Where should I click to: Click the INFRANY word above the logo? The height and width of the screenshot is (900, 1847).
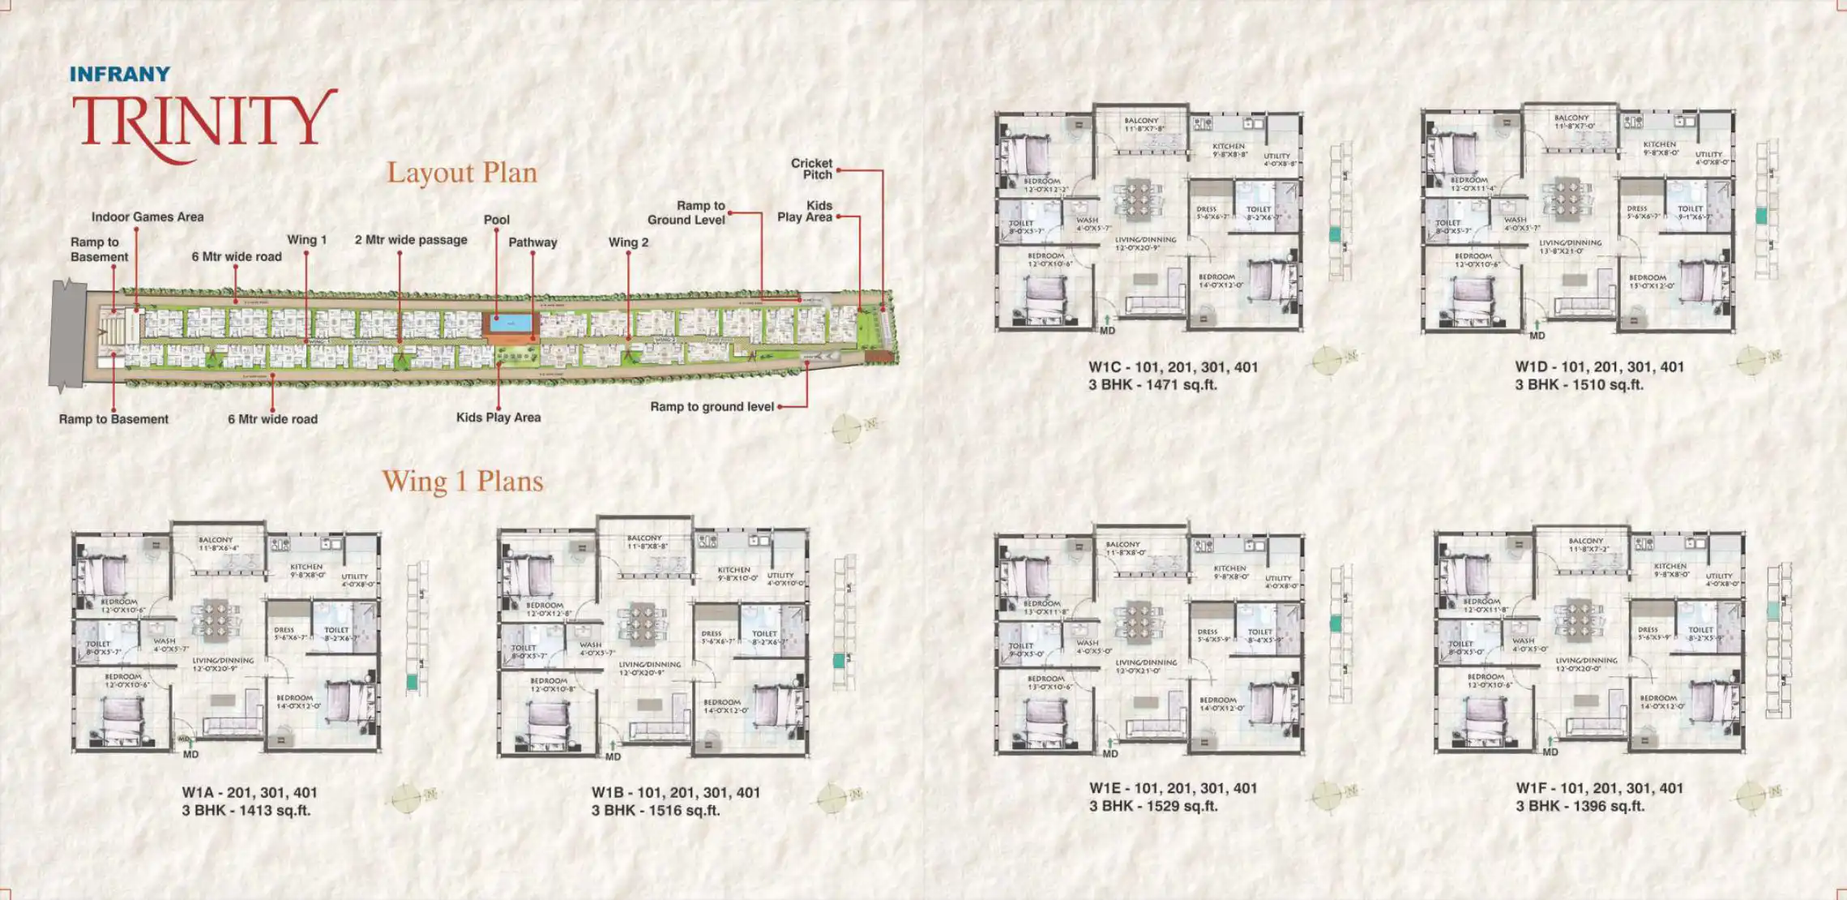(x=120, y=74)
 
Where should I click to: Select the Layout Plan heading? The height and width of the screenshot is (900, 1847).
(x=461, y=173)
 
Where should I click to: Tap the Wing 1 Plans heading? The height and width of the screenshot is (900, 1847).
(x=462, y=482)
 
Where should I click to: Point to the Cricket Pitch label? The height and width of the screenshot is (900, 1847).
(x=812, y=169)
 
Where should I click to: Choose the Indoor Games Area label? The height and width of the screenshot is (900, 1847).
(x=148, y=217)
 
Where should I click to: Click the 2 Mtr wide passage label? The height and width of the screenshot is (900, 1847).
(x=411, y=240)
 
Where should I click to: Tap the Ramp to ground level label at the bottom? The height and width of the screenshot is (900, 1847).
(x=712, y=407)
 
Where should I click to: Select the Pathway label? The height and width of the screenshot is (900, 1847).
(x=532, y=242)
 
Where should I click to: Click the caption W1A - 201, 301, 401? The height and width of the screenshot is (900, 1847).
(x=250, y=793)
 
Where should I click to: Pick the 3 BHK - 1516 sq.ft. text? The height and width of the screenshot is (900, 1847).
(x=656, y=811)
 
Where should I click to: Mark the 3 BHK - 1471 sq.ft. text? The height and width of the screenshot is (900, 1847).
(x=1152, y=385)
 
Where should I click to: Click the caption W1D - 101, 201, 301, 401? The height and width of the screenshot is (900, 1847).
(x=1600, y=367)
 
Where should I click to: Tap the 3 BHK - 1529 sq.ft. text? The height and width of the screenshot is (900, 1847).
(x=1153, y=807)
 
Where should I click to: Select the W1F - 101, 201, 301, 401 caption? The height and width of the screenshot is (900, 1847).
(x=1600, y=788)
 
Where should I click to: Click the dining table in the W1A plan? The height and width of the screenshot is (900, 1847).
(x=216, y=619)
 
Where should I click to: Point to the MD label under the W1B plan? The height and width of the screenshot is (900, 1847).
(x=614, y=757)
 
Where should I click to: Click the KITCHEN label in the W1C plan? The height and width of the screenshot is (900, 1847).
(x=1229, y=147)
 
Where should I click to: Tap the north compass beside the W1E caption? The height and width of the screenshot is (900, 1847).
(x=1327, y=795)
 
